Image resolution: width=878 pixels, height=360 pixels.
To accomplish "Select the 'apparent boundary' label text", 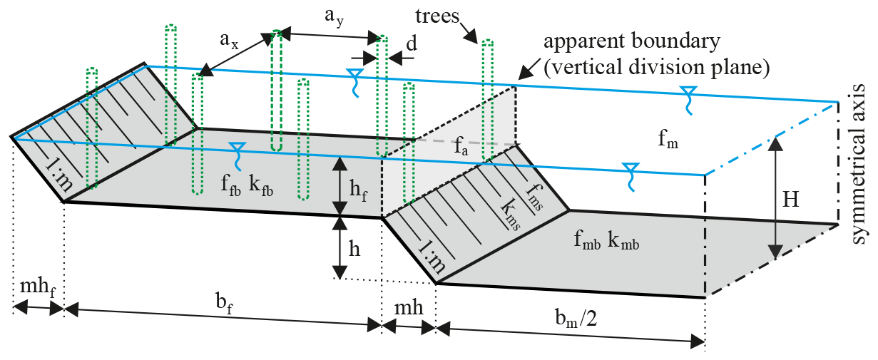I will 631,41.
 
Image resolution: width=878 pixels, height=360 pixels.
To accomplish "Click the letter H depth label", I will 790,201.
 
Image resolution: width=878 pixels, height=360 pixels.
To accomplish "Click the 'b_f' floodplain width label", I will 224,302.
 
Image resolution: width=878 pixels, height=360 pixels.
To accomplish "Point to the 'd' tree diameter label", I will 412,43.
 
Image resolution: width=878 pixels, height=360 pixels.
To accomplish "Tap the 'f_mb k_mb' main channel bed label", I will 604,241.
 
